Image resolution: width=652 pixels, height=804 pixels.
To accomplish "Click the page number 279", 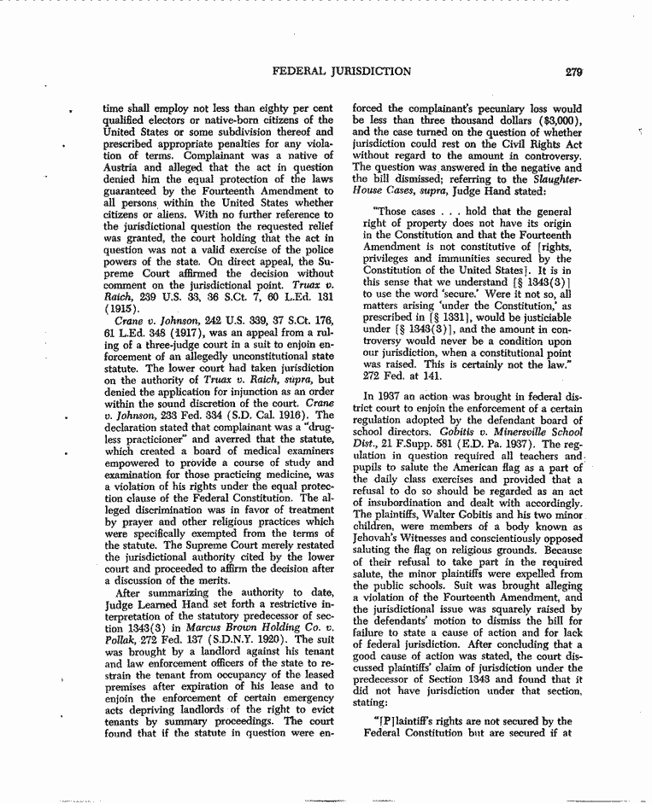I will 573,72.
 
